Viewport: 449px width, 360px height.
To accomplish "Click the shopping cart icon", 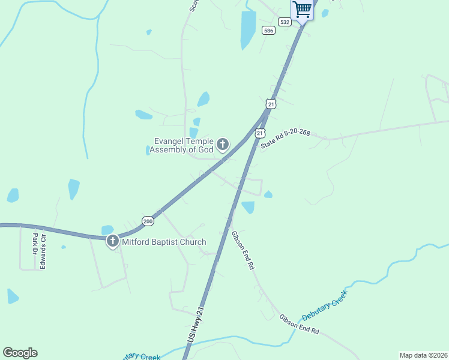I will tap(303, 9).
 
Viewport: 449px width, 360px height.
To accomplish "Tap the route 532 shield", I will tap(285, 22).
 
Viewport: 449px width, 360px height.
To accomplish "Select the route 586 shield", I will tap(268, 30).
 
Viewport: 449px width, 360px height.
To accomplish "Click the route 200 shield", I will tap(148, 221).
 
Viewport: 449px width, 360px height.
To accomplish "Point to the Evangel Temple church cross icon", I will tap(223, 144).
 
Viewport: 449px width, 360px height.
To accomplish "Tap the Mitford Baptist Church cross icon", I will tap(112, 242).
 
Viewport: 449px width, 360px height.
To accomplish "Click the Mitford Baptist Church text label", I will tap(164, 242).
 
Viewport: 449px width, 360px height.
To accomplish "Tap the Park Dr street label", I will tap(35, 242).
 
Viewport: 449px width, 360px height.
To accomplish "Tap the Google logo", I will tap(20, 353).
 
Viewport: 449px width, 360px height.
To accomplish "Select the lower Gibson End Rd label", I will tap(299, 324).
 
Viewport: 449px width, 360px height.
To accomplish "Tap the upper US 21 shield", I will tap(271, 104).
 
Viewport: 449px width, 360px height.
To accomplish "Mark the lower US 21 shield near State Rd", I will tap(259, 132).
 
